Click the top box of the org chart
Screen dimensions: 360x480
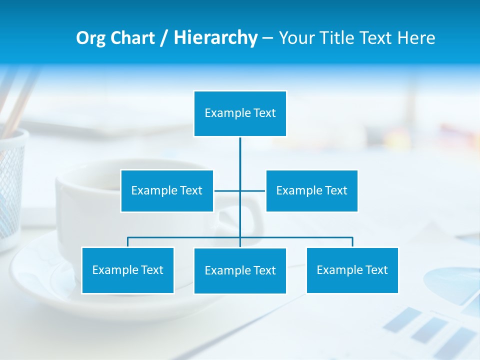(x=240, y=113)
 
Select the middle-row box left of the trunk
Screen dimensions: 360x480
(x=167, y=191)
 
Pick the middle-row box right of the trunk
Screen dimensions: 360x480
(x=311, y=191)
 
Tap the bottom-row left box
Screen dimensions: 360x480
(x=127, y=270)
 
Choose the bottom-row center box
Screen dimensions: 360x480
(x=240, y=271)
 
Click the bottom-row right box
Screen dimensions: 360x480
(x=352, y=270)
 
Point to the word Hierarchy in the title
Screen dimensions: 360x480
(x=215, y=38)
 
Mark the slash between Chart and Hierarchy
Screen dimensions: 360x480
(x=163, y=38)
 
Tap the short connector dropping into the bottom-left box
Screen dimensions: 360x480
(x=127, y=242)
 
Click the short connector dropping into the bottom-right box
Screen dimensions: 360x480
(x=352, y=242)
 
